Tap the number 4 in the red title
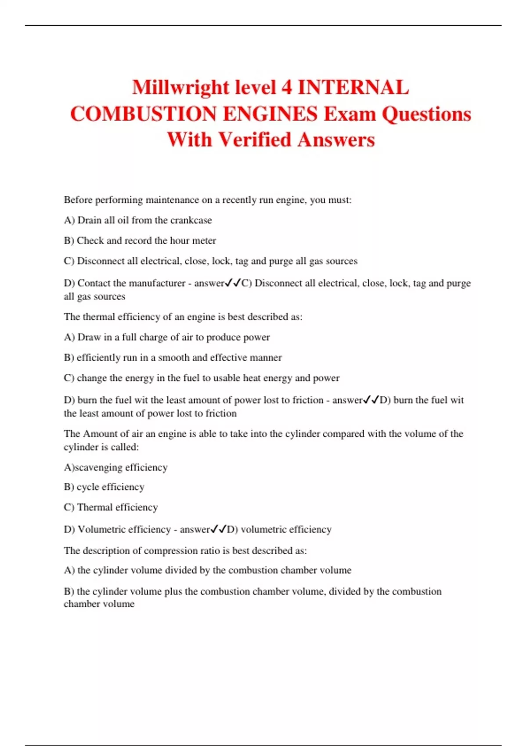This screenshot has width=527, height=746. (286, 87)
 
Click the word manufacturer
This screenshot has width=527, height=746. (157, 283)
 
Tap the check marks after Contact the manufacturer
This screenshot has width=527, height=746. (233, 283)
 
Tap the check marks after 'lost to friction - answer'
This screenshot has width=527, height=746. (371, 400)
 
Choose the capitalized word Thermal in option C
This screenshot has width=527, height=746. (95, 507)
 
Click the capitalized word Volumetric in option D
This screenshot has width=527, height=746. (102, 529)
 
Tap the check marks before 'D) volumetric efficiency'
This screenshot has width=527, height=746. (218, 529)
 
